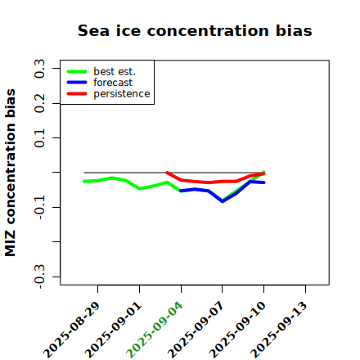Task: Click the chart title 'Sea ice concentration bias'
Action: click(x=195, y=30)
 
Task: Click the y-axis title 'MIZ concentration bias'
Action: click(x=11, y=173)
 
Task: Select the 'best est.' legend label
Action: click(x=115, y=72)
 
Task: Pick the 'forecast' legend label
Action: click(x=113, y=83)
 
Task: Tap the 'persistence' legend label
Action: click(x=122, y=94)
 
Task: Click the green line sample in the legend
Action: click(x=77, y=72)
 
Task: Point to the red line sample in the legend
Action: click(x=77, y=94)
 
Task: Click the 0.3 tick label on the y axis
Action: click(x=40, y=69)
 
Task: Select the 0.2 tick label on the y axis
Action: click(x=40, y=103)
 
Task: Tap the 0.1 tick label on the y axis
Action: click(x=40, y=138)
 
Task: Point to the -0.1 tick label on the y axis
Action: click(x=40, y=207)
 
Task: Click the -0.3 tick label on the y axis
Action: click(x=40, y=277)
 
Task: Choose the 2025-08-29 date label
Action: click(x=72, y=330)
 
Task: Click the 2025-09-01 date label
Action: click(x=114, y=330)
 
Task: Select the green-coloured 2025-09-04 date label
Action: click(x=155, y=330)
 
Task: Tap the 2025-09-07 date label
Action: click(x=196, y=330)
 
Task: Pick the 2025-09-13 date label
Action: click(x=279, y=330)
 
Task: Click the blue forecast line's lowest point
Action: click(x=223, y=201)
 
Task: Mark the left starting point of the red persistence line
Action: click(x=167, y=173)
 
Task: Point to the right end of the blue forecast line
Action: click(x=264, y=182)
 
